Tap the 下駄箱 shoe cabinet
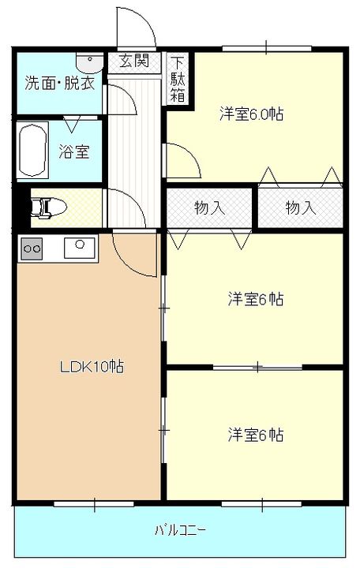click(x=178, y=79)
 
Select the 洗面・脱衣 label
click(x=59, y=83)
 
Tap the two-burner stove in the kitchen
click(x=32, y=248)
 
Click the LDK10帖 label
click(x=92, y=366)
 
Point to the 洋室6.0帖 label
click(x=251, y=114)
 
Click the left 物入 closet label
click(x=209, y=207)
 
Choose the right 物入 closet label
click(x=301, y=207)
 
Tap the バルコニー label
click(x=180, y=529)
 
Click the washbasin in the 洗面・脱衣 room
click(x=88, y=58)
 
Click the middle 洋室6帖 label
click(x=256, y=299)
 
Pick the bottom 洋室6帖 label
click(x=256, y=435)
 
